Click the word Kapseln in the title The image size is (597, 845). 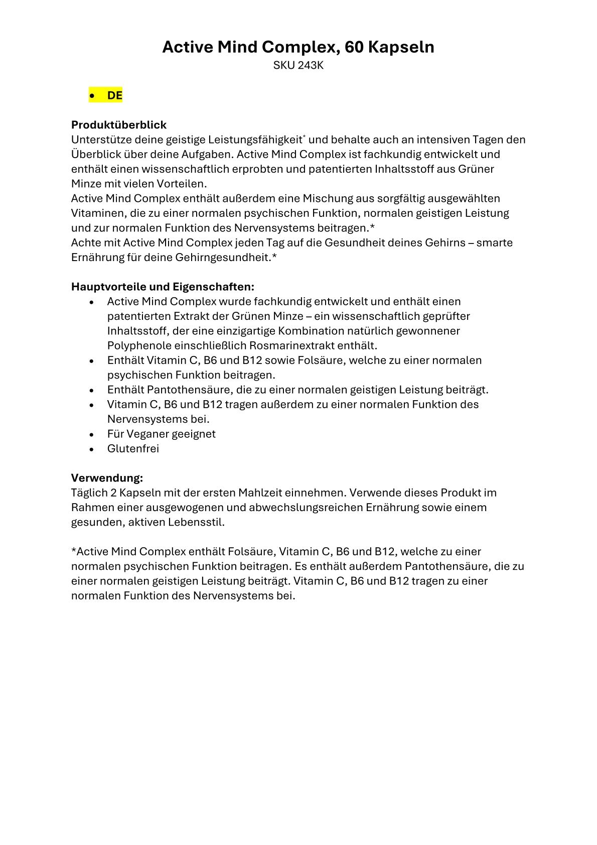(401, 47)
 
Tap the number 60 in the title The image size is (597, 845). (354, 47)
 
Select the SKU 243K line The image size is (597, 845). (298, 66)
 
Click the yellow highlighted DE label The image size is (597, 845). (114, 95)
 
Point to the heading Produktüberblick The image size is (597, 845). (119, 125)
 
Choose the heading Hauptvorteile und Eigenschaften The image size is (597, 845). (163, 287)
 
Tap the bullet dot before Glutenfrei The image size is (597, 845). (91, 449)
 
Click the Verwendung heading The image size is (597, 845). (107, 477)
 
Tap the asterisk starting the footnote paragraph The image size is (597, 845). (74, 551)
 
